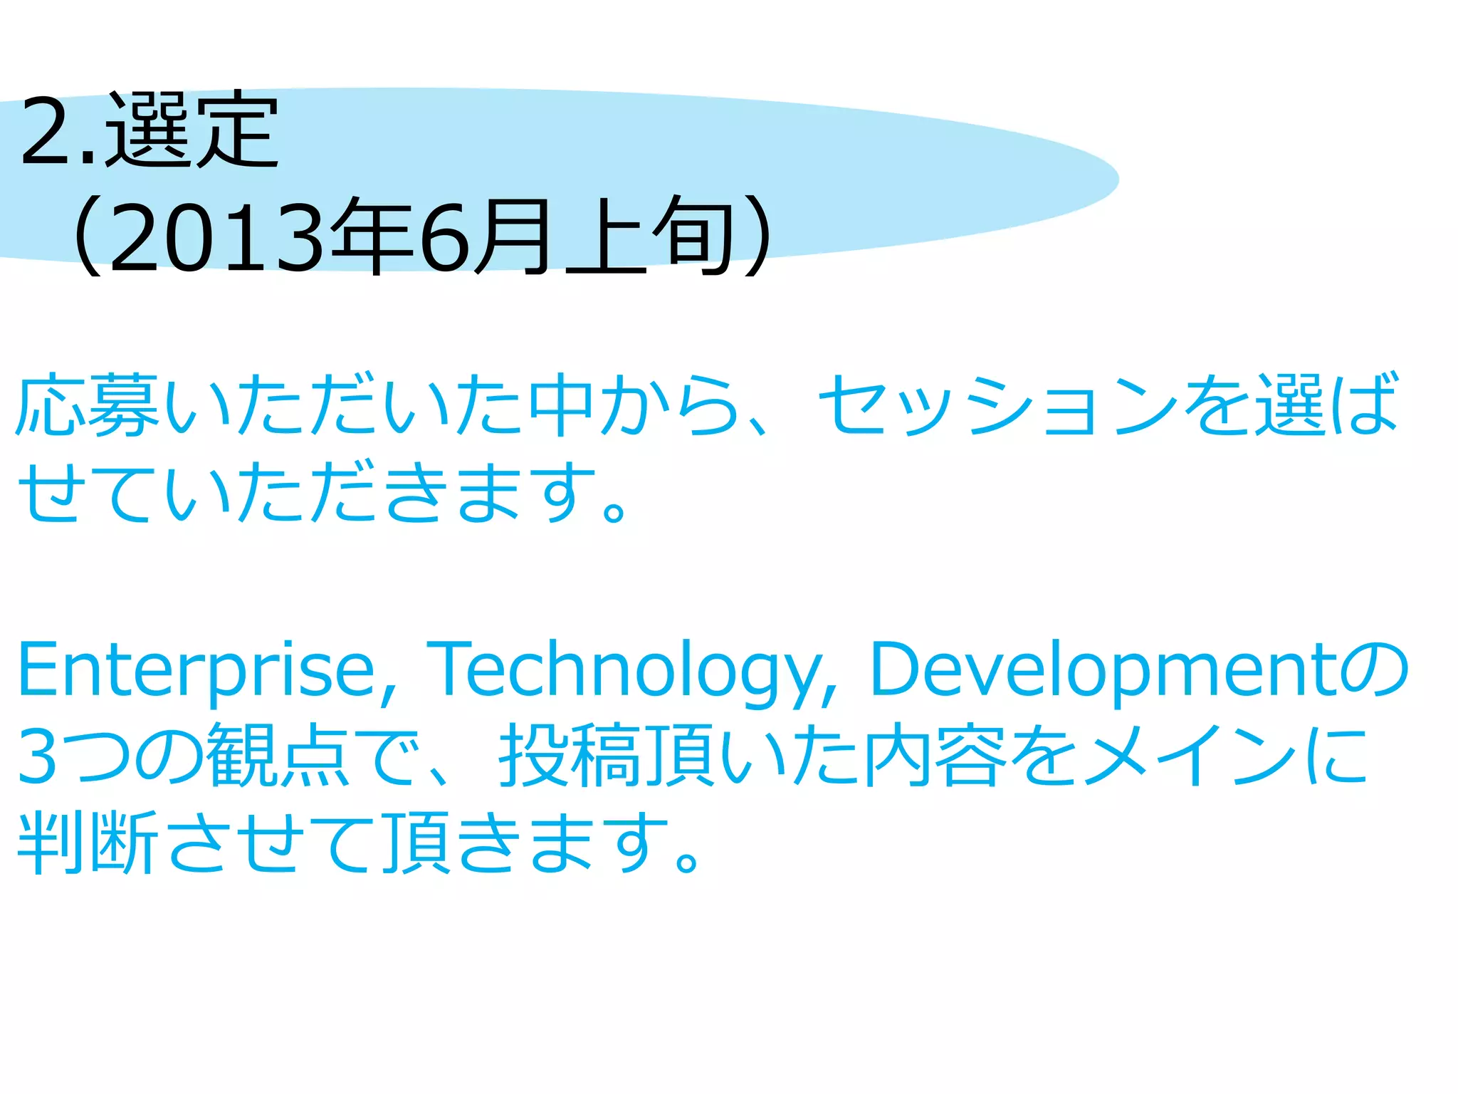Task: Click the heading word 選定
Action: click(x=192, y=130)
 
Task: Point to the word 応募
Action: click(x=88, y=405)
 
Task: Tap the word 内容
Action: click(x=935, y=755)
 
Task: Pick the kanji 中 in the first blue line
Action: click(x=562, y=405)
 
